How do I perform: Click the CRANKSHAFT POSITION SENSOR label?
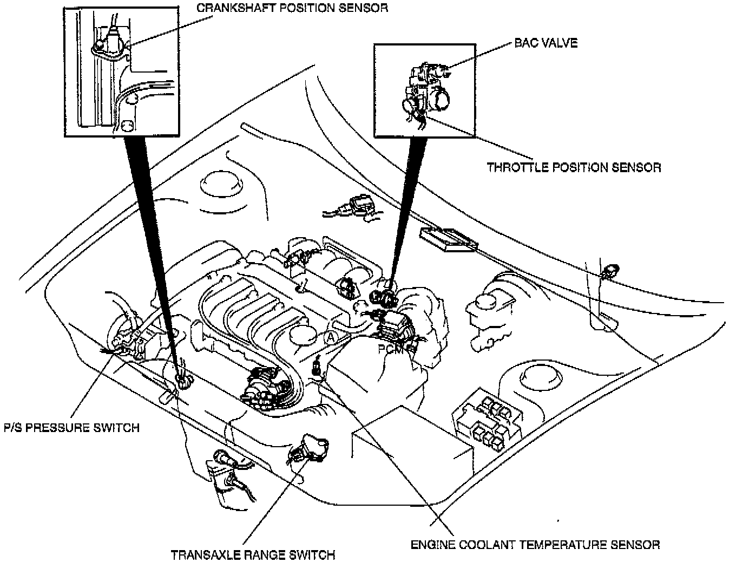click(292, 9)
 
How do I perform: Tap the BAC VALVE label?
click(546, 43)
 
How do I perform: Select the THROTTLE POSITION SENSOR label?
click(574, 167)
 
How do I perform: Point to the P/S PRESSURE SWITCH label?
click(71, 428)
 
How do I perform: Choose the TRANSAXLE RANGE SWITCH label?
click(253, 555)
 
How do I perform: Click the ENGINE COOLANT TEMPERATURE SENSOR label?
click(535, 544)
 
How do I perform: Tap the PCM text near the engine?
click(390, 350)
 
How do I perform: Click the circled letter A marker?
click(331, 337)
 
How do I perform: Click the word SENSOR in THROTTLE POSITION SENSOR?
click(636, 167)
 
